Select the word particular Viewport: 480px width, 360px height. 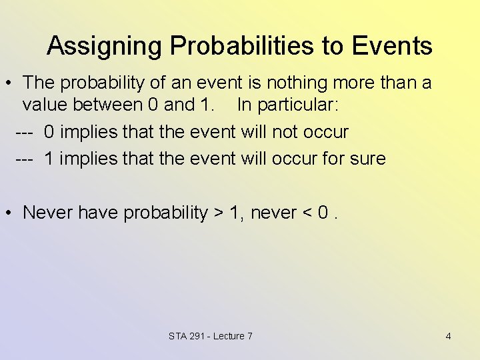point(300,105)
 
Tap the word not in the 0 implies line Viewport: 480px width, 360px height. point(284,131)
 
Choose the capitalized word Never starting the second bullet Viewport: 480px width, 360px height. point(48,213)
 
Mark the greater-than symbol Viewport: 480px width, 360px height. point(218,213)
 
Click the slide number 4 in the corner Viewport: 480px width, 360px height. point(448,336)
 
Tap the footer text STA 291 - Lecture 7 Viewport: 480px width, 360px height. point(211,336)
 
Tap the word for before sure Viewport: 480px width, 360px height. point(335,159)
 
